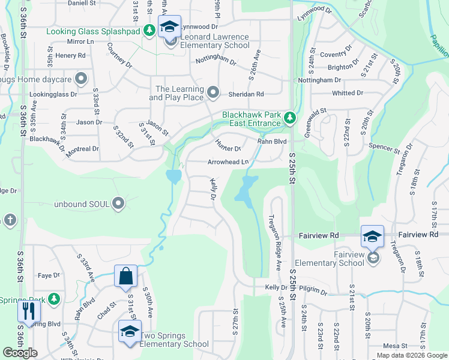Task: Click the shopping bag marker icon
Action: [x=126, y=276]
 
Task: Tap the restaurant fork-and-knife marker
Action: [x=28, y=311]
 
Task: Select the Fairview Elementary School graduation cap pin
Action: [x=372, y=237]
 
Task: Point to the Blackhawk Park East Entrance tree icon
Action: [x=290, y=117]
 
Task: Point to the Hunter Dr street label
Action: [x=228, y=145]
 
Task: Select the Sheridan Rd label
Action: [x=246, y=94]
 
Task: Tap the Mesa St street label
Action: [x=395, y=346]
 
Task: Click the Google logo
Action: [x=20, y=353]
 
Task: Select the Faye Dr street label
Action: [x=49, y=276]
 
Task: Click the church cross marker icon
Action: [x=10, y=220]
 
